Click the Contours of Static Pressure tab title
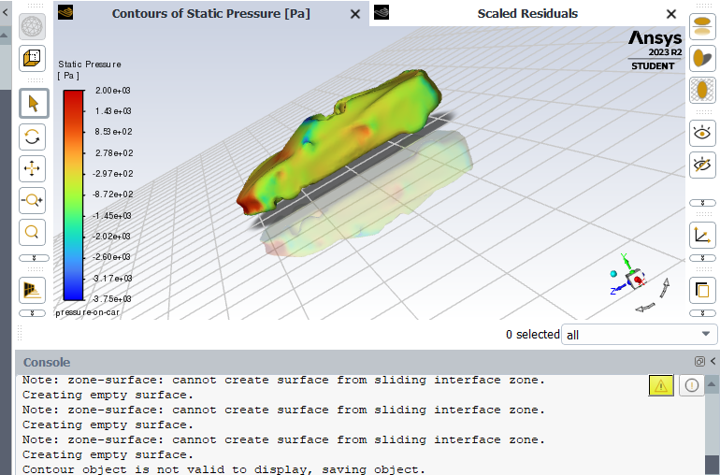coord(210,14)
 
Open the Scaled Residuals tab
coord(527,14)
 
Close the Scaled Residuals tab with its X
coord(670,14)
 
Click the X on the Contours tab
coord(354,14)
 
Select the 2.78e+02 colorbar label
coord(113,153)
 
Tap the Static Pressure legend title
coord(90,65)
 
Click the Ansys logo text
coord(655,38)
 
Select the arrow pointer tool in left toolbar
coord(33,103)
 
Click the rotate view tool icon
coord(33,137)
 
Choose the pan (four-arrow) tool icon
coord(33,168)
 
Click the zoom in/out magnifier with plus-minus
coord(33,200)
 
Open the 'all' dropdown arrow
coord(705,335)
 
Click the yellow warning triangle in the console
coord(661,384)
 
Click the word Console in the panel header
coord(47,362)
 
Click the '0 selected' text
coord(532,335)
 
